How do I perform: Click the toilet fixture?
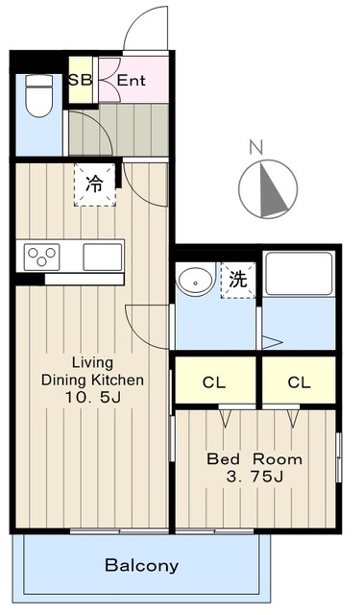[x=38, y=96]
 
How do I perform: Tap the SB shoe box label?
[x=81, y=80]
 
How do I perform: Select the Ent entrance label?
[x=132, y=81]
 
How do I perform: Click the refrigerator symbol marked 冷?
[x=95, y=184]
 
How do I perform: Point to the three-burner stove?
[x=41, y=257]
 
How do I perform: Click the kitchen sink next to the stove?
[x=103, y=257]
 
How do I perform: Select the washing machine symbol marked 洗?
[x=238, y=280]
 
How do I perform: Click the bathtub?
[x=299, y=274]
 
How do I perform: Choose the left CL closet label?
[x=214, y=382]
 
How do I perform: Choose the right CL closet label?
[x=300, y=382]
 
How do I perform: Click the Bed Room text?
[x=255, y=459]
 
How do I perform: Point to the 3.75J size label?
[x=255, y=477]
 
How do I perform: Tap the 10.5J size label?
[x=93, y=398]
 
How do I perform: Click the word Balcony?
[x=142, y=566]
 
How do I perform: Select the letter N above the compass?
[x=255, y=147]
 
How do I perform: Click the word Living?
[x=92, y=363]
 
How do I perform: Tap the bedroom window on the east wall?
[x=338, y=457]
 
